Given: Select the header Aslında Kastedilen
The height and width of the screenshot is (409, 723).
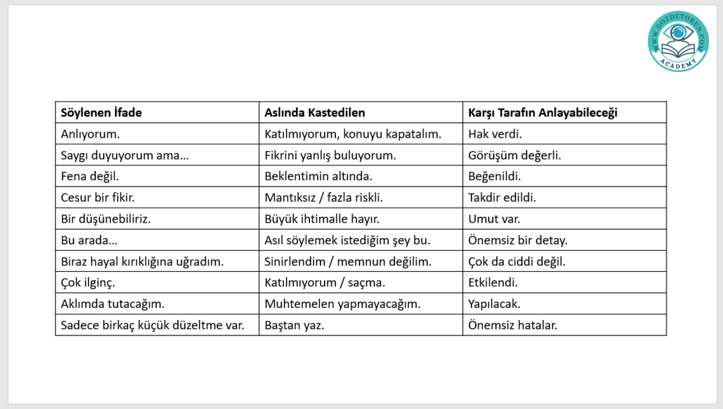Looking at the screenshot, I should tap(314, 112).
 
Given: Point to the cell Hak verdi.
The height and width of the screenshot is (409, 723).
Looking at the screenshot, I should tap(494, 134).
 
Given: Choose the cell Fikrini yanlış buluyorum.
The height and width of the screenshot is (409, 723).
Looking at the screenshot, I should tap(330, 155).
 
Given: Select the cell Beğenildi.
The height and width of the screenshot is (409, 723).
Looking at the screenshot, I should tap(494, 176).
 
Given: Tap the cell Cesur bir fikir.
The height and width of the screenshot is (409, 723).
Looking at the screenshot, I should tap(98, 197).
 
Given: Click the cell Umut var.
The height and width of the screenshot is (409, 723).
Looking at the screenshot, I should tap(494, 218).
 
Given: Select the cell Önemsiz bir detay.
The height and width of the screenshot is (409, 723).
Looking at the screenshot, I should tap(518, 239).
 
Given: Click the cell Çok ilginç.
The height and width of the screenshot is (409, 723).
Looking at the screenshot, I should tap(88, 282).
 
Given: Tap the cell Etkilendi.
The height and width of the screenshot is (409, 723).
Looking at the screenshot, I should tap(493, 282).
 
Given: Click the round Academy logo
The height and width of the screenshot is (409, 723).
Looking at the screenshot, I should tap(678, 41).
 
